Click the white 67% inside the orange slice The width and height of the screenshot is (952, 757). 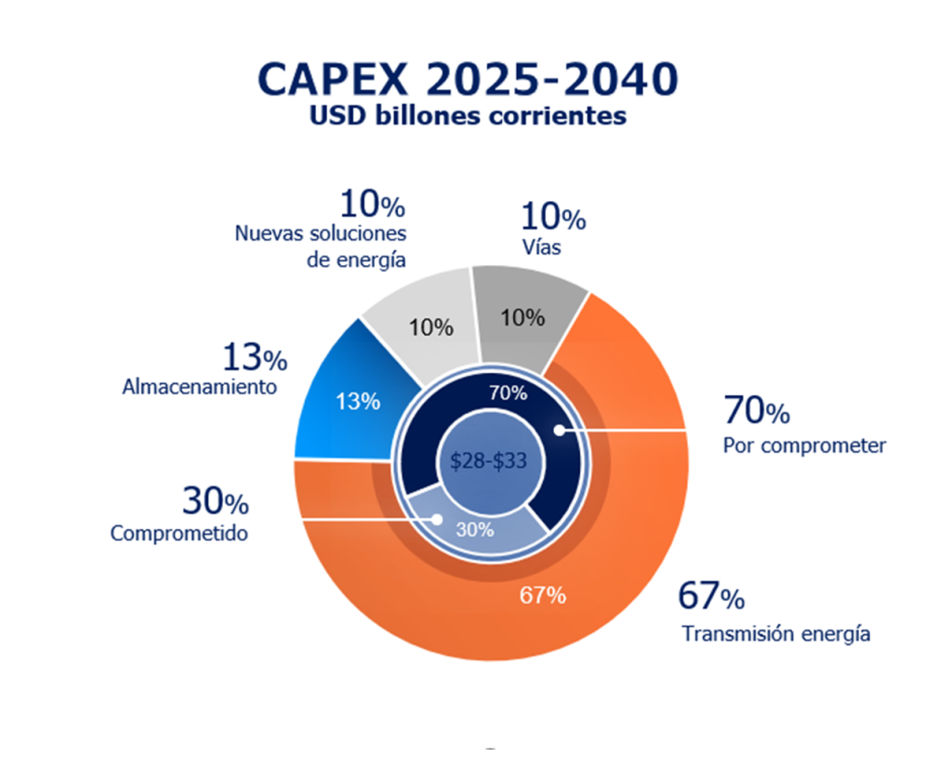click(x=542, y=595)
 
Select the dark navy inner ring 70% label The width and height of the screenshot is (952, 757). click(x=508, y=392)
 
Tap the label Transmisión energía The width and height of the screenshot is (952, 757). click(x=775, y=634)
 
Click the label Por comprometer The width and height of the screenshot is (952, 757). click(x=804, y=445)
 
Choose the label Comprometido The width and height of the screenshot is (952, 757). click(x=178, y=534)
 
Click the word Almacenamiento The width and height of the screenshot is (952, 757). click(x=199, y=387)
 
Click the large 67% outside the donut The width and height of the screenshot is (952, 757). click(x=710, y=596)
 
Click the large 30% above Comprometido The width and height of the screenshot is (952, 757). click(x=215, y=502)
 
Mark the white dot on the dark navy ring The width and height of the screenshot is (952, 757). click(x=559, y=430)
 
